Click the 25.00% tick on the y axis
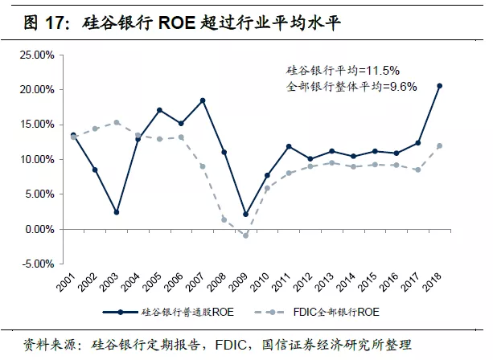click(x=37, y=55)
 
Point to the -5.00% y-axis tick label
click(x=37, y=264)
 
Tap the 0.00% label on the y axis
click(x=39, y=229)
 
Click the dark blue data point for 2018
click(x=440, y=86)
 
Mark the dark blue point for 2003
click(x=117, y=212)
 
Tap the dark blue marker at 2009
click(x=246, y=215)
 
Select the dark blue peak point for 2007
click(x=203, y=100)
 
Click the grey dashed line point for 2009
click(x=246, y=235)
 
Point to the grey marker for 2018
click(x=440, y=145)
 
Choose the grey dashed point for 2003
click(x=117, y=122)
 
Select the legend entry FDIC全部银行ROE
click(x=333, y=312)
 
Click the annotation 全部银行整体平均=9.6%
click(x=352, y=86)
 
